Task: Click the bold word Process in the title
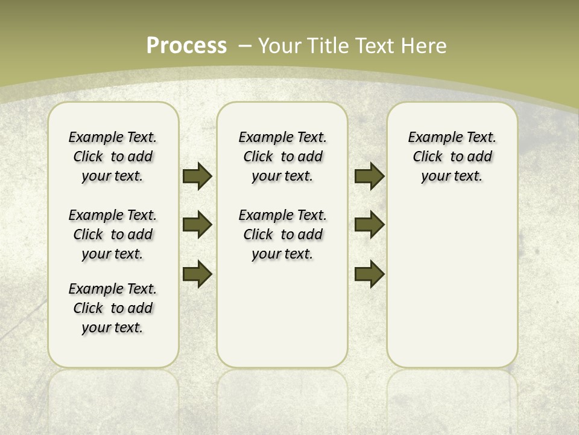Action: [186, 46]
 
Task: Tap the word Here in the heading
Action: [425, 46]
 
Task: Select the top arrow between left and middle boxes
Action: [197, 176]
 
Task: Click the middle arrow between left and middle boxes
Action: [197, 225]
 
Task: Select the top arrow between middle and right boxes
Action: [369, 176]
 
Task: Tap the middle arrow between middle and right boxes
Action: [369, 225]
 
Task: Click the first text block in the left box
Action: [113, 156]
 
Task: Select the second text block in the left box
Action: [113, 234]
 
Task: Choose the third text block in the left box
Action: [113, 308]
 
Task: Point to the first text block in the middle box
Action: [282, 156]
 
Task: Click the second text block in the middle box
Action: [282, 234]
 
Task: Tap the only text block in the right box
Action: [452, 156]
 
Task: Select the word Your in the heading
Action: [280, 46]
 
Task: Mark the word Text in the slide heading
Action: [376, 46]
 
